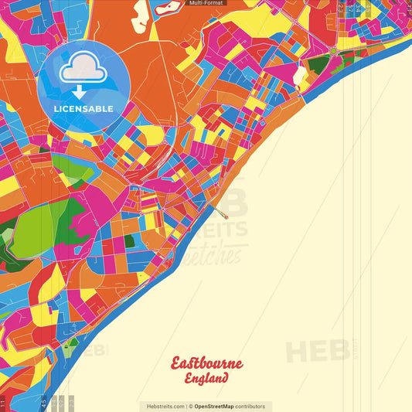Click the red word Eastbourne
206,363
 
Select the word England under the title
206,379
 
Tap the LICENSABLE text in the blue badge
83,108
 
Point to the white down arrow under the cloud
80,92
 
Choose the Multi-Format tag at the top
206,4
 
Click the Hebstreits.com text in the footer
164,406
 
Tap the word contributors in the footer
250,406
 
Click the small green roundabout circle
332,51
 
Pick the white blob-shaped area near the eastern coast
299,74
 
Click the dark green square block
129,241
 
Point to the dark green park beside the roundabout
317,64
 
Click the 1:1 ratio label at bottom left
3,403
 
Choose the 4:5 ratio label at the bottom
44,403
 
